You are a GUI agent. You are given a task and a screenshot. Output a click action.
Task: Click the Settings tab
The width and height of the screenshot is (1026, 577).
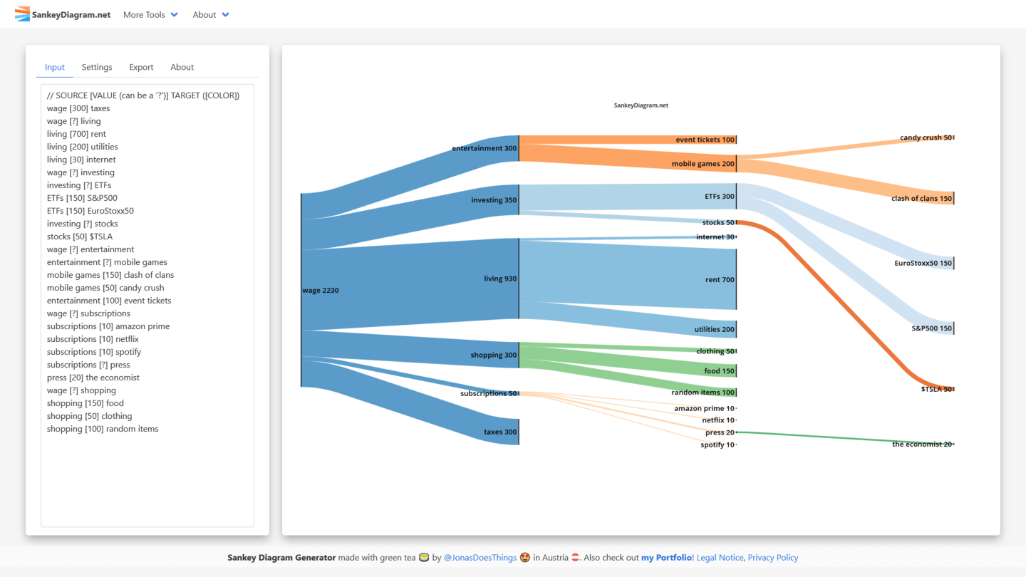click(97, 67)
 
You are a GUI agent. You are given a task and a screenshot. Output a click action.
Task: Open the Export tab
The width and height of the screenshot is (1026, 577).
click(141, 67)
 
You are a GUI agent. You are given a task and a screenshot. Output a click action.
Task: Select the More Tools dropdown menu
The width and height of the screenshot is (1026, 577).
click(150, 14)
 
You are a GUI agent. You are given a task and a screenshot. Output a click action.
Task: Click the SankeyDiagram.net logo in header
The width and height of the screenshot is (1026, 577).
click(63, 14)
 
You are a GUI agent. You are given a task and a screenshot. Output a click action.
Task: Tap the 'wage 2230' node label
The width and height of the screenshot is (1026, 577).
click(321, 291)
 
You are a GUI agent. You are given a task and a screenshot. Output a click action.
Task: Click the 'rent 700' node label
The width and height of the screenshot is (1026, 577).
click(720, 280)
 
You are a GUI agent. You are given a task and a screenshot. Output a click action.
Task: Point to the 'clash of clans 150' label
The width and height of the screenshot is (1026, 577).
click(921, 199)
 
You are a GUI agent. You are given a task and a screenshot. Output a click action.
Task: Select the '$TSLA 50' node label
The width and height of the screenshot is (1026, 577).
click(936, 389)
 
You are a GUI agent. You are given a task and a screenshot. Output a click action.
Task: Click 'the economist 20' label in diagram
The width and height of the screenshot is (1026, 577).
click(922, 445)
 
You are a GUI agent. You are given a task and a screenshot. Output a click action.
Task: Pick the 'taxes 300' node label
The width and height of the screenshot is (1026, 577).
click(500, 432)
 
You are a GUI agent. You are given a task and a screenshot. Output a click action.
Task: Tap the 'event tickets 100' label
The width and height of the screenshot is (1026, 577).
click(705, 140)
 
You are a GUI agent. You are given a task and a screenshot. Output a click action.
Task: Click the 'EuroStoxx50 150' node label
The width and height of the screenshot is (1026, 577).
click(923, 264)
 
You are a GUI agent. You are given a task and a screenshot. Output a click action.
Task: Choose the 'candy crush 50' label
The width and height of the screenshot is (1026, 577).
click(926, 137)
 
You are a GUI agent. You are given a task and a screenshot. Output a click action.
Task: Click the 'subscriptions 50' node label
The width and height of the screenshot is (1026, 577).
click(488, 393)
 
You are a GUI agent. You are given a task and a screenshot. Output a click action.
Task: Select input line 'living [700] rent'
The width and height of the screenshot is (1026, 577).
click(76, 134)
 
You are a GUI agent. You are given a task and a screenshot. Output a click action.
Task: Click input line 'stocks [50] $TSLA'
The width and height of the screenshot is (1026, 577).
click(80, 236)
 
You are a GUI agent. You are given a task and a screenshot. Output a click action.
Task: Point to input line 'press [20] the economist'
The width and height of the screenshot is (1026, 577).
click(93, 378)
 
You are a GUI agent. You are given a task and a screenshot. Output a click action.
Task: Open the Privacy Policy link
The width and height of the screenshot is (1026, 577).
click(773, 558)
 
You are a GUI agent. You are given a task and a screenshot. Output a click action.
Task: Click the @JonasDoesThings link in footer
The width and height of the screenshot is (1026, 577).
click(480, 558)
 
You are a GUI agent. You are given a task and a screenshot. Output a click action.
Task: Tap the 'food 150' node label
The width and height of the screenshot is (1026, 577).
click(719, 371)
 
